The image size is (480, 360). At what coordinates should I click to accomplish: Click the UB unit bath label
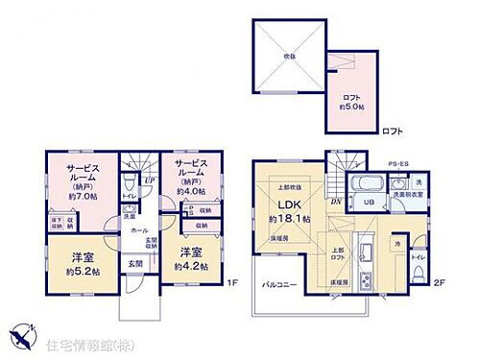(367, 203)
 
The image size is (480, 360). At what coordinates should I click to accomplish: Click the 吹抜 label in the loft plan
(288, 55)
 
